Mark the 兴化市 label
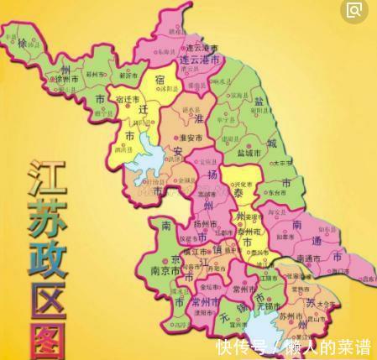(243, 183)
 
